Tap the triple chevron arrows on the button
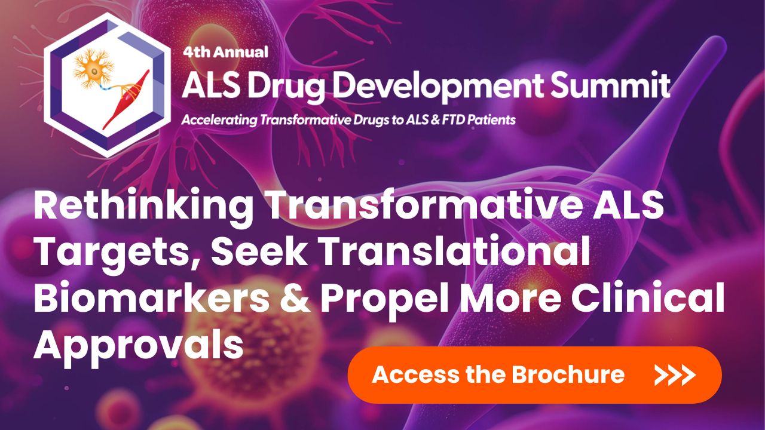point(675,375)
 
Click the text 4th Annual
point(226,51)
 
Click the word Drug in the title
point(278,85)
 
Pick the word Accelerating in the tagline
point(218,119)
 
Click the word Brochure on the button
point(568,375)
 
